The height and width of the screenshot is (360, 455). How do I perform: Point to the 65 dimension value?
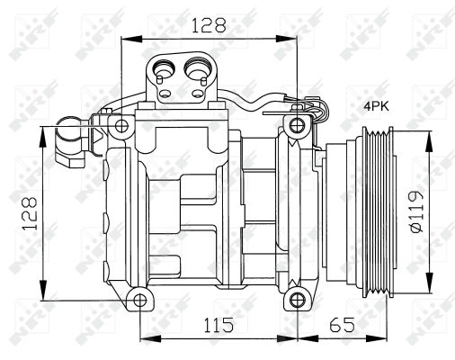(x=342, y=324)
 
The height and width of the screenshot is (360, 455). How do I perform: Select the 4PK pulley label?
(x=376, y=106)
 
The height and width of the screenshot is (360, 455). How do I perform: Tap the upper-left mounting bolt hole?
(x=120, y=123)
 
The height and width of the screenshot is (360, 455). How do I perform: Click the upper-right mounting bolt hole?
(x=297, y=123)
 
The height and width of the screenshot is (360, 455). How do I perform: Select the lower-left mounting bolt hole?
(x=137, y=299)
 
